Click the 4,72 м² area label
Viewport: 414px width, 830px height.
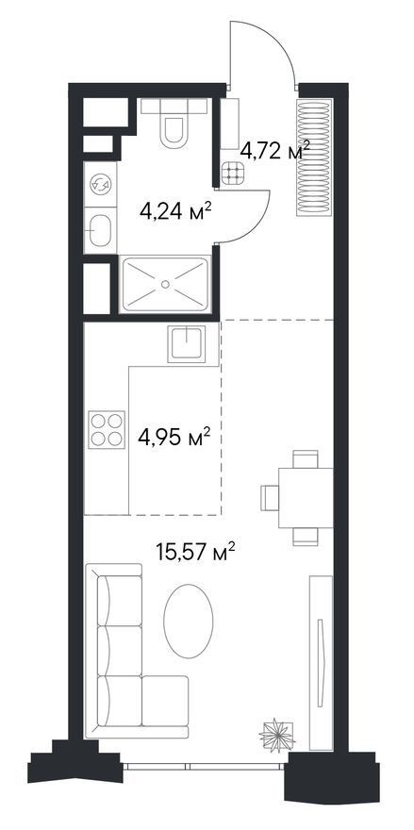(274, 152)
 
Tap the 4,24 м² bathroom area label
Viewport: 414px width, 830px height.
(175, 211)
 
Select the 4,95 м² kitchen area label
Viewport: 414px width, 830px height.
(174, 438)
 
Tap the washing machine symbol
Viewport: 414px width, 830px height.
(100, 184)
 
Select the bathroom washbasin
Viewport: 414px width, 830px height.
(100, 230)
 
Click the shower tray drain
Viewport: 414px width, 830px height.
(165, 284)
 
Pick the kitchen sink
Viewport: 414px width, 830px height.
(186, 344)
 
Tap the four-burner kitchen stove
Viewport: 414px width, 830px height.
(107, 429)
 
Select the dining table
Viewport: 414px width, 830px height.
(306, 498)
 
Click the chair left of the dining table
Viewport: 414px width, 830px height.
(270, 498)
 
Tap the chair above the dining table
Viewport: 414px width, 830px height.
(306, 459)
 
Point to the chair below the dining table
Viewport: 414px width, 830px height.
(306, 537)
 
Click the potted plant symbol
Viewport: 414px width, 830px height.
(276, 736)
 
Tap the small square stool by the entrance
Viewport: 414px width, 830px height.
(233, 174)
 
